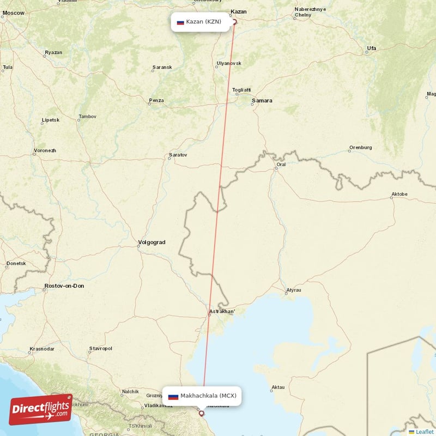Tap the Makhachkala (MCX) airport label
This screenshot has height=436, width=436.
point(202,396)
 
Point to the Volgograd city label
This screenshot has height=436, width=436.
point(152,242)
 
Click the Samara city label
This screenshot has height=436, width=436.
point(262,101)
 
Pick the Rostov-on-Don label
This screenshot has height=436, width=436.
point(64,286)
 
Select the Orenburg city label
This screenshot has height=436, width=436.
point(360,147)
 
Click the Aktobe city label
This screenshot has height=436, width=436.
point(399,195)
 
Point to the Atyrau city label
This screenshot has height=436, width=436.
point(294,290)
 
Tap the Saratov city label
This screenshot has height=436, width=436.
point(178,155)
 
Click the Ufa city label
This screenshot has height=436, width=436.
point(371,49)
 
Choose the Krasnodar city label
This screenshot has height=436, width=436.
point(42,348)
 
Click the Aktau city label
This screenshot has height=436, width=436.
point(278,387)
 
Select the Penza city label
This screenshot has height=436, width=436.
point(156,100)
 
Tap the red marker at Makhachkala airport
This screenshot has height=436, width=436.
point(202,414)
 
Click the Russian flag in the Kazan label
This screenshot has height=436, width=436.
point(180,22)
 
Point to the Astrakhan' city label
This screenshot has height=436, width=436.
point(222,312)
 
